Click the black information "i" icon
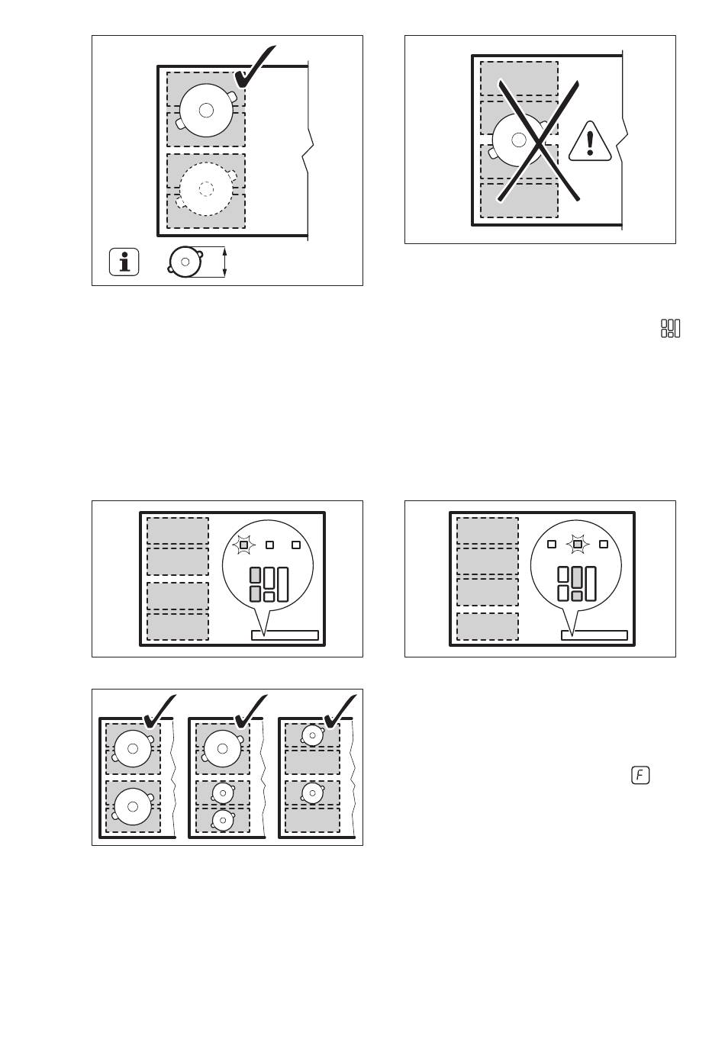[124, 262]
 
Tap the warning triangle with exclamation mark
[591, 143]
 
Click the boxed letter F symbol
[640, 776]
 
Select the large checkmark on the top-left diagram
[256, 67]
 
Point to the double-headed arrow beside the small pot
[224, 262]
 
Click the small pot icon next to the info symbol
[185, 262]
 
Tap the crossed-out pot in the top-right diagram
[519, 140]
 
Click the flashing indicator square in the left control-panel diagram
[243, 545]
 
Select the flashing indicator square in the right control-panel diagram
[578, 544]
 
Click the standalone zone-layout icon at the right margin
[671, 328]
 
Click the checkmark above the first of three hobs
[159, 711]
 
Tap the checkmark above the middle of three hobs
[251, 711]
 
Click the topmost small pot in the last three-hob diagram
[313, 735]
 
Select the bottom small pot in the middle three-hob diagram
[222, 821]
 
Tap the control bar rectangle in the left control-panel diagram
[285, 635]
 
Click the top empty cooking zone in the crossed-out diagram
[519, 79]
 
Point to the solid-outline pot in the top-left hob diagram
[206, 110]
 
